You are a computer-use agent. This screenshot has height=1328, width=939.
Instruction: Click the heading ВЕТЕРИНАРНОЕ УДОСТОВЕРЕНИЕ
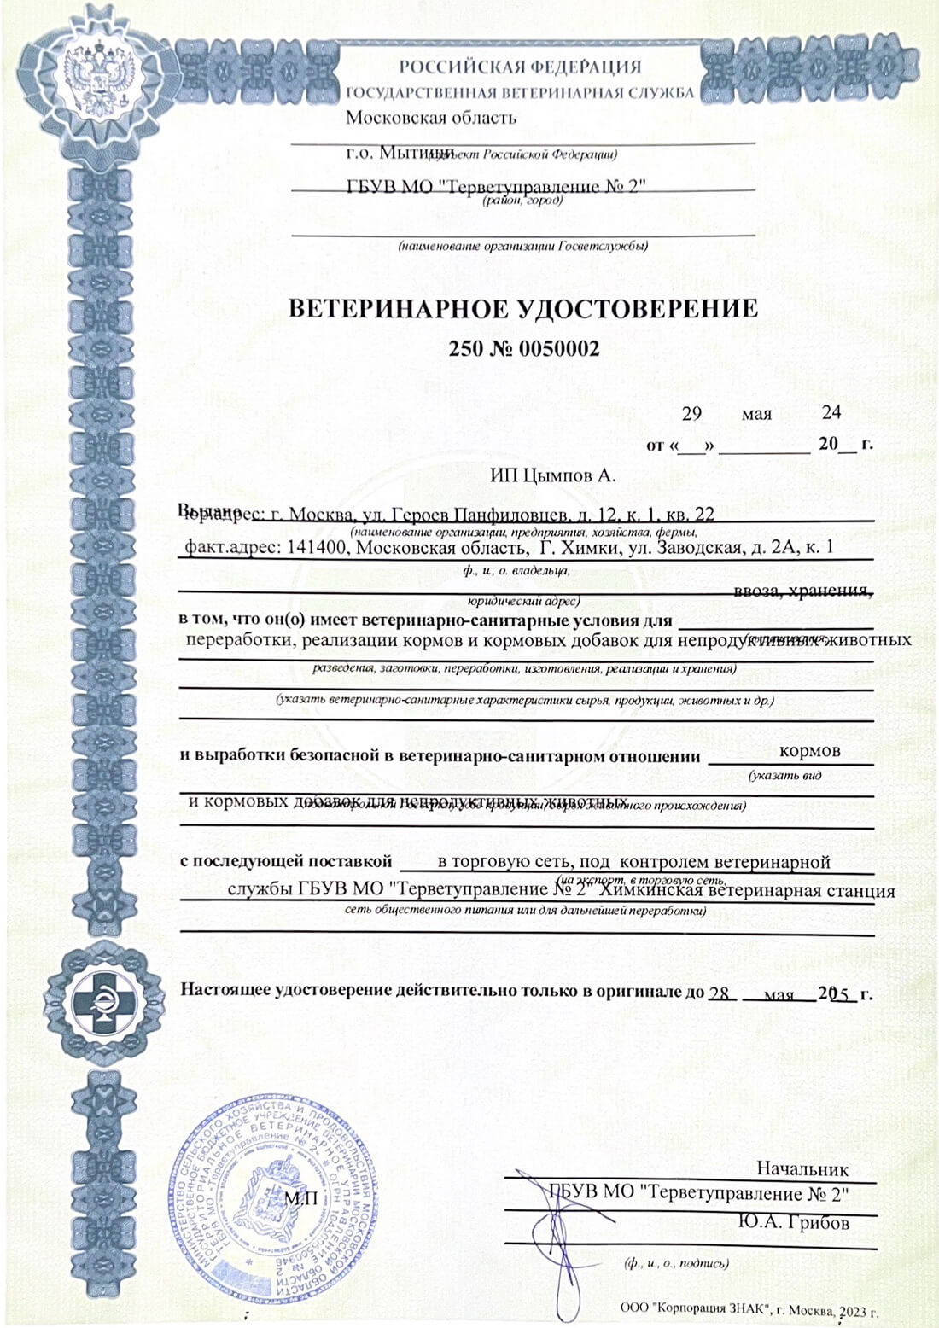coord(522,309)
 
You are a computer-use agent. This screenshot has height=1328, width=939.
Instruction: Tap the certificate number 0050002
coord(559,349)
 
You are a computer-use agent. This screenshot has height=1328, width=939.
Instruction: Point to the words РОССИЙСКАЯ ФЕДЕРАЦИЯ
coord(520,67)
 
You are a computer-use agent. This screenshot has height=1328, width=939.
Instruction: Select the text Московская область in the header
coord(431,118)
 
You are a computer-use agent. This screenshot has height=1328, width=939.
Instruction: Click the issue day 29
coord(691,414)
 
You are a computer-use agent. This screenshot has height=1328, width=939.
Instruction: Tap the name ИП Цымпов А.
coord(552,476)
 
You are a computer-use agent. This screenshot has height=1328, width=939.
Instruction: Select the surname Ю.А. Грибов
coord(794,1223)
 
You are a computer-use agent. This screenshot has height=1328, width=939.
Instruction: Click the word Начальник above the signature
coord(802,1169)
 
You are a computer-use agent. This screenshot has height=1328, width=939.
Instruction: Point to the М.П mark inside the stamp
coord(300,1199)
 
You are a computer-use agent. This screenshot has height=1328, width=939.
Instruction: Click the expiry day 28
coord(720,994)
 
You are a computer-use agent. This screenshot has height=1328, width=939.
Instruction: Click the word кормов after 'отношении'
coord(809,751)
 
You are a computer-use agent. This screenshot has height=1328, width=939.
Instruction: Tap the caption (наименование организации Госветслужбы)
coord(522,247)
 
